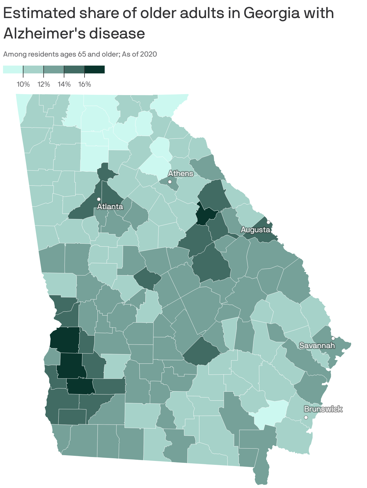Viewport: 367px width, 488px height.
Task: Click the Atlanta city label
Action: pos(110,206)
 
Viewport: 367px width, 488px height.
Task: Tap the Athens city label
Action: pos(180,173)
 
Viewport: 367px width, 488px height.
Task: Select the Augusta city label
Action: pos(255,230)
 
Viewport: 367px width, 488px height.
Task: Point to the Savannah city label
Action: pos(317,345)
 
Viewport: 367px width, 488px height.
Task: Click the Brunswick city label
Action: pos(323,409)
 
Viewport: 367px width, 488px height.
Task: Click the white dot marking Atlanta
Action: pos(98,199)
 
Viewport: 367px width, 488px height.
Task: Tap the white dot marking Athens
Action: pos(170,182)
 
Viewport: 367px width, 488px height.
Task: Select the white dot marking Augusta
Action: pos(268,222)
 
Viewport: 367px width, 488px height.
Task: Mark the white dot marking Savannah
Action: pos(333,338)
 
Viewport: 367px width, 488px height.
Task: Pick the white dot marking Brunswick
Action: pos(306,417)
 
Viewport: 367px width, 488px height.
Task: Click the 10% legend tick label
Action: pos(23,84)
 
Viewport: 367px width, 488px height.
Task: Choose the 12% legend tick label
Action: pos(44,84)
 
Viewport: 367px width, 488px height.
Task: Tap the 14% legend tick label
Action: pos(64,84)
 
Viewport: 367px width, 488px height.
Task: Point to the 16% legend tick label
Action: pos(85,84)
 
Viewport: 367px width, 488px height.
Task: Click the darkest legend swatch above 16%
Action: pos(94,69)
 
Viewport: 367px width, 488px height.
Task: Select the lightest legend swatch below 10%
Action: pos(13,69)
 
